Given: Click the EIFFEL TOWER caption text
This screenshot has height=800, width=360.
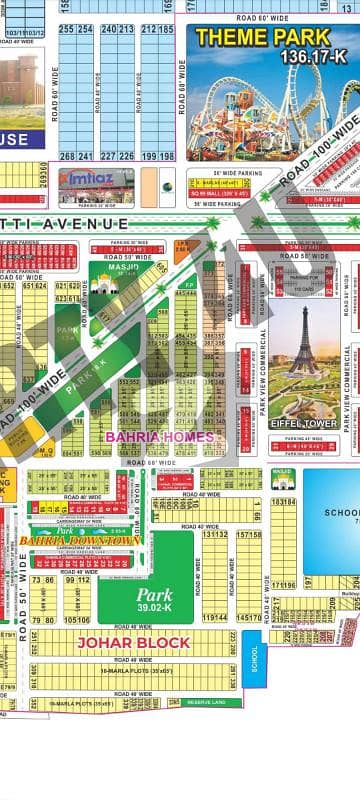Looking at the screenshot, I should point(303,423).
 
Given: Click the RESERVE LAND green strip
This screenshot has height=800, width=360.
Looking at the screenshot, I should point(201,704).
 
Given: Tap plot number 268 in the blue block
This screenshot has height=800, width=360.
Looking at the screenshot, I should point(66,156).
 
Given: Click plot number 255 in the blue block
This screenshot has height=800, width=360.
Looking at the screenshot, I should point(66,29).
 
